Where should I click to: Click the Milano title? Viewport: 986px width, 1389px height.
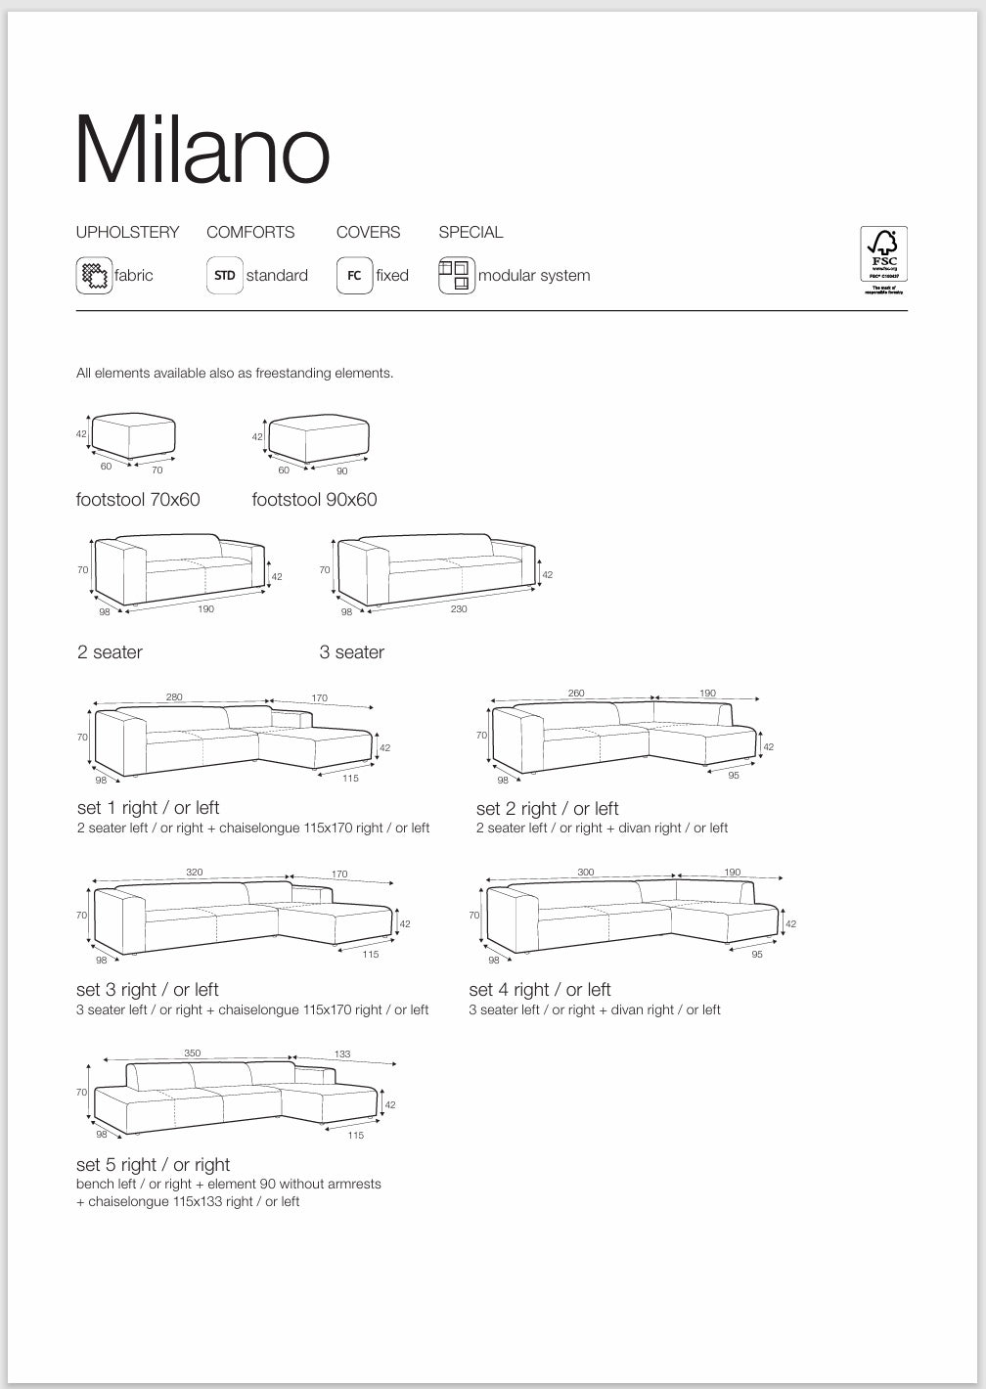pyautogui.click(x=202, y=152)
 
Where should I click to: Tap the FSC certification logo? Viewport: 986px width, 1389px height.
pyautogui.click(x=883, y=259)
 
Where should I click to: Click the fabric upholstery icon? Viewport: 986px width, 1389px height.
pyautogui.click(x=94, y=275)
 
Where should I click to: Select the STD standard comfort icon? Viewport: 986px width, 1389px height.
pyautogui.click(x=225, y=275)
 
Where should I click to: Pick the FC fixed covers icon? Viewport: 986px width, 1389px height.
pyautogui.click(x=354, y=275)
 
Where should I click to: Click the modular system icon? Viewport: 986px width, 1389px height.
pyautogui.click(x=456, y=275)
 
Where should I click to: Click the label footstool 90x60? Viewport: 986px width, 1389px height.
pyautogui.click(x=314, y=500)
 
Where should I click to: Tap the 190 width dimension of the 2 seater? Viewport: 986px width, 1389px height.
pyautogui.click(x=206, y=609)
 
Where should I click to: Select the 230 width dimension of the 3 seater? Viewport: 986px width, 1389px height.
pyautogui.click(x=459, y=609)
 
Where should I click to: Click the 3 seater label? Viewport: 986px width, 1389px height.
pyautogui.click(x=351, y=652)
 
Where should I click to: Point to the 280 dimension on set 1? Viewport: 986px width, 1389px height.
pyautogui.click(x=174, y=697)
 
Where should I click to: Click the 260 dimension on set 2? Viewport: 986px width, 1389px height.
pyautogui.click(x=576, y=693)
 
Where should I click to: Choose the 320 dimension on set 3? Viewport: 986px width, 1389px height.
pyautogui.click(x=195, y=872)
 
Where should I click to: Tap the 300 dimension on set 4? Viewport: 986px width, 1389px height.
pyautogui.click(x=585, y=872)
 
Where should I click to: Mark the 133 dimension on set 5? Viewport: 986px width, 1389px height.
pyautogui.click(x=342, y=1054)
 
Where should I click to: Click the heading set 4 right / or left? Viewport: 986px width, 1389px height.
pyautogui.click(x=539, y=990)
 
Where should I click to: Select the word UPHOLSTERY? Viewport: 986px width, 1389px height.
pyautogui.click(x=128, y=232)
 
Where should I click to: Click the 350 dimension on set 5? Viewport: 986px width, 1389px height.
pyautogui.click(x=193, y=1053)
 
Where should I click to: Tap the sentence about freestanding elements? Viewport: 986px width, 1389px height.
pyautogui.click(x=235, y=373)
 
